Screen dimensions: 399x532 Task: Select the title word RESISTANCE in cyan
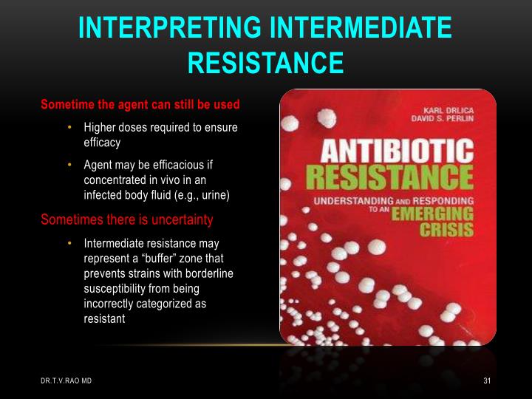(265, 62)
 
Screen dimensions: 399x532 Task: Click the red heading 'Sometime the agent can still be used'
(140, 103)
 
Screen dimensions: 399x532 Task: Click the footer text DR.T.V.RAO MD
(66, 381)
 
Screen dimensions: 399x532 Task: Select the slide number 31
(487, 381)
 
